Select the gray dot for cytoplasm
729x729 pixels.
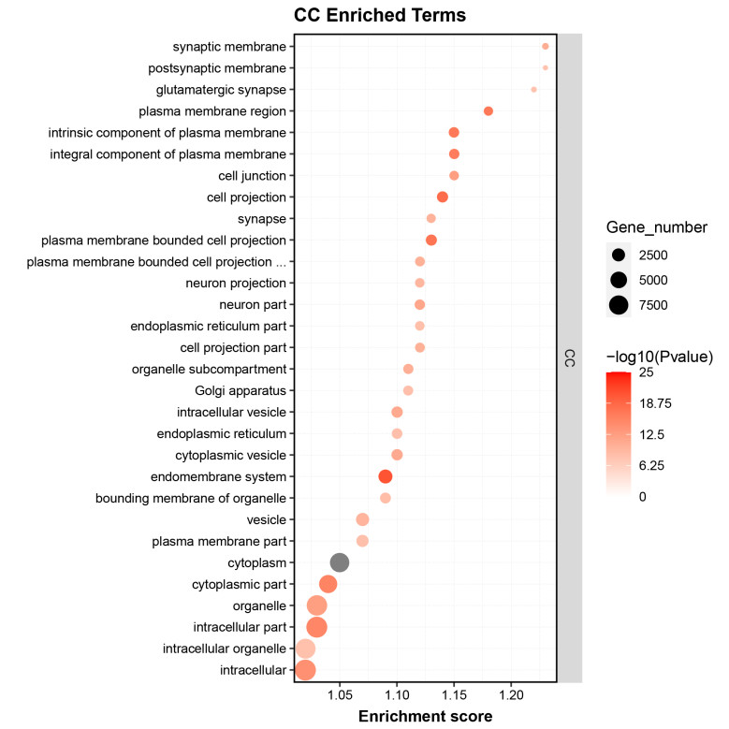click(340, 562)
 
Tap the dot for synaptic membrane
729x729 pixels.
click(546, 46)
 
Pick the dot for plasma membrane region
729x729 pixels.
click(488, 111)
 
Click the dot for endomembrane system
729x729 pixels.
click(386, 476)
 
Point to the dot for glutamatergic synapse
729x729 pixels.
click(534, 90)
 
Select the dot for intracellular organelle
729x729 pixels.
click(305, 649)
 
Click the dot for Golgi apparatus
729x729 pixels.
click(408, 390)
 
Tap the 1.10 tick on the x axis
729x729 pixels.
click(397, 695)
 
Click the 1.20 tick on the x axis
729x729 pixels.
click(511, 695)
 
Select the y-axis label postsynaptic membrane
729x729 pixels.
click(217, 68)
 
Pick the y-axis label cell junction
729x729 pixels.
click(250, 176)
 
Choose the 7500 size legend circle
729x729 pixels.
click(619, 304)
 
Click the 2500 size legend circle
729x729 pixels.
click(619, 255)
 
